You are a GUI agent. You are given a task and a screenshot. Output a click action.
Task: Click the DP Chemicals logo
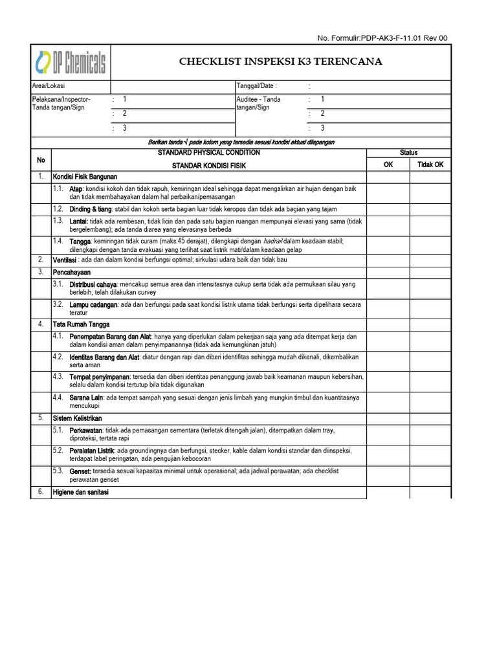click(71, 62)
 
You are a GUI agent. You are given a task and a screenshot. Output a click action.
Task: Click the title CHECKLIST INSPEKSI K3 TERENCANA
click(280, 62)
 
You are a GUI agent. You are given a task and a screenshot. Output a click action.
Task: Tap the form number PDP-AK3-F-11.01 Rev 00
click(382, 38)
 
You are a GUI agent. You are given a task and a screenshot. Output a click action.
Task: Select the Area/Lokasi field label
click(49, 86)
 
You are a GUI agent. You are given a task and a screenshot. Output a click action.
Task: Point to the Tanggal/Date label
click(257, 86)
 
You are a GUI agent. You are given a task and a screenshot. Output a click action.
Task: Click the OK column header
click(388, 164)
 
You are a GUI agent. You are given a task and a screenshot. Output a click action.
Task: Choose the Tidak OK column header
click(430, 164)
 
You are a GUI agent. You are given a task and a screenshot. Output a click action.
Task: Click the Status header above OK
click(408, 153)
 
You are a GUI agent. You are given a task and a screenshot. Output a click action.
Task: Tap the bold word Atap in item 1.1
click(76, 188)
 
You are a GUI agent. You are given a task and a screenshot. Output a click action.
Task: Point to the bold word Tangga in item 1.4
click(80, 242)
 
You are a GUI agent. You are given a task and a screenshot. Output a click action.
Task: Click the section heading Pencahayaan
click(72, 273)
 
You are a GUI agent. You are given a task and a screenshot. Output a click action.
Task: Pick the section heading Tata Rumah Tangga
click(81, 324)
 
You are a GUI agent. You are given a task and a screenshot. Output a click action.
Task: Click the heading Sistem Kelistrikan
click(77, 418)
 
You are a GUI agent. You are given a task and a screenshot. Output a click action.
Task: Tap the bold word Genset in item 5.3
click(80, 471)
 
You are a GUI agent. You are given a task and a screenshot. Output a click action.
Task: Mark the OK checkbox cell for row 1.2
click(388, 209)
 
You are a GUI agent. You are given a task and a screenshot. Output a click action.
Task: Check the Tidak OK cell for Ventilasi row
click(430, 260)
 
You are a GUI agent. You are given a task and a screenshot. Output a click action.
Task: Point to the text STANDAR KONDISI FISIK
click(209, 166)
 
